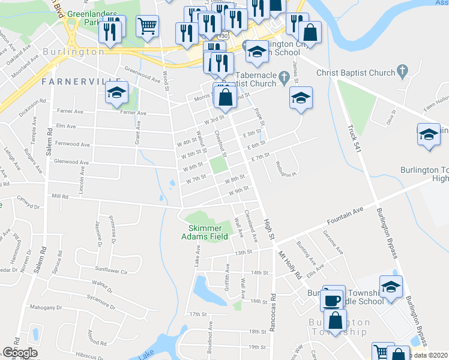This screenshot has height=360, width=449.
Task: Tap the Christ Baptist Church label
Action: [x=357, y=73]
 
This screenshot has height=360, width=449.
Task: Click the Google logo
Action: [x=20, y=352]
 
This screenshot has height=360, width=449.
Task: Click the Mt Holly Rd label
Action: [x=289, y=263]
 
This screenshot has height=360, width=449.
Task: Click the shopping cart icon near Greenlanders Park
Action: [x=147, y=26]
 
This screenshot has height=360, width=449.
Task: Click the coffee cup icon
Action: [x=331, y=299]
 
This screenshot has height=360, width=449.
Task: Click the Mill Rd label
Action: [x=61, y=196]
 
